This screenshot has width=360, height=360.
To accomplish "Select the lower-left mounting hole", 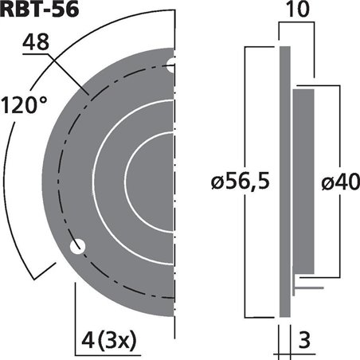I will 76,248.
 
